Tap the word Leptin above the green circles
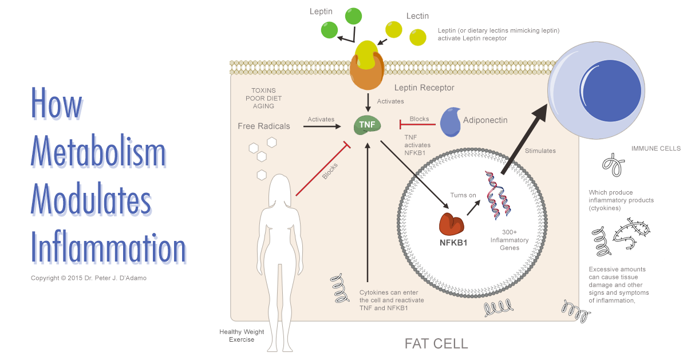[x=321, y=11]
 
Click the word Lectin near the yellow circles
[x=417, y=16]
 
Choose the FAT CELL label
[x=436, y=343]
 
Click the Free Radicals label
[x=264, y=126]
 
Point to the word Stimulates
[x=540, y=151]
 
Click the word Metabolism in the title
[x=98, y=153]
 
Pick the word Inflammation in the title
[x=109, y=248]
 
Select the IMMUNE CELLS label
[x=656, y=148]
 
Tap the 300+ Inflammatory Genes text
[x=509, y=240]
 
